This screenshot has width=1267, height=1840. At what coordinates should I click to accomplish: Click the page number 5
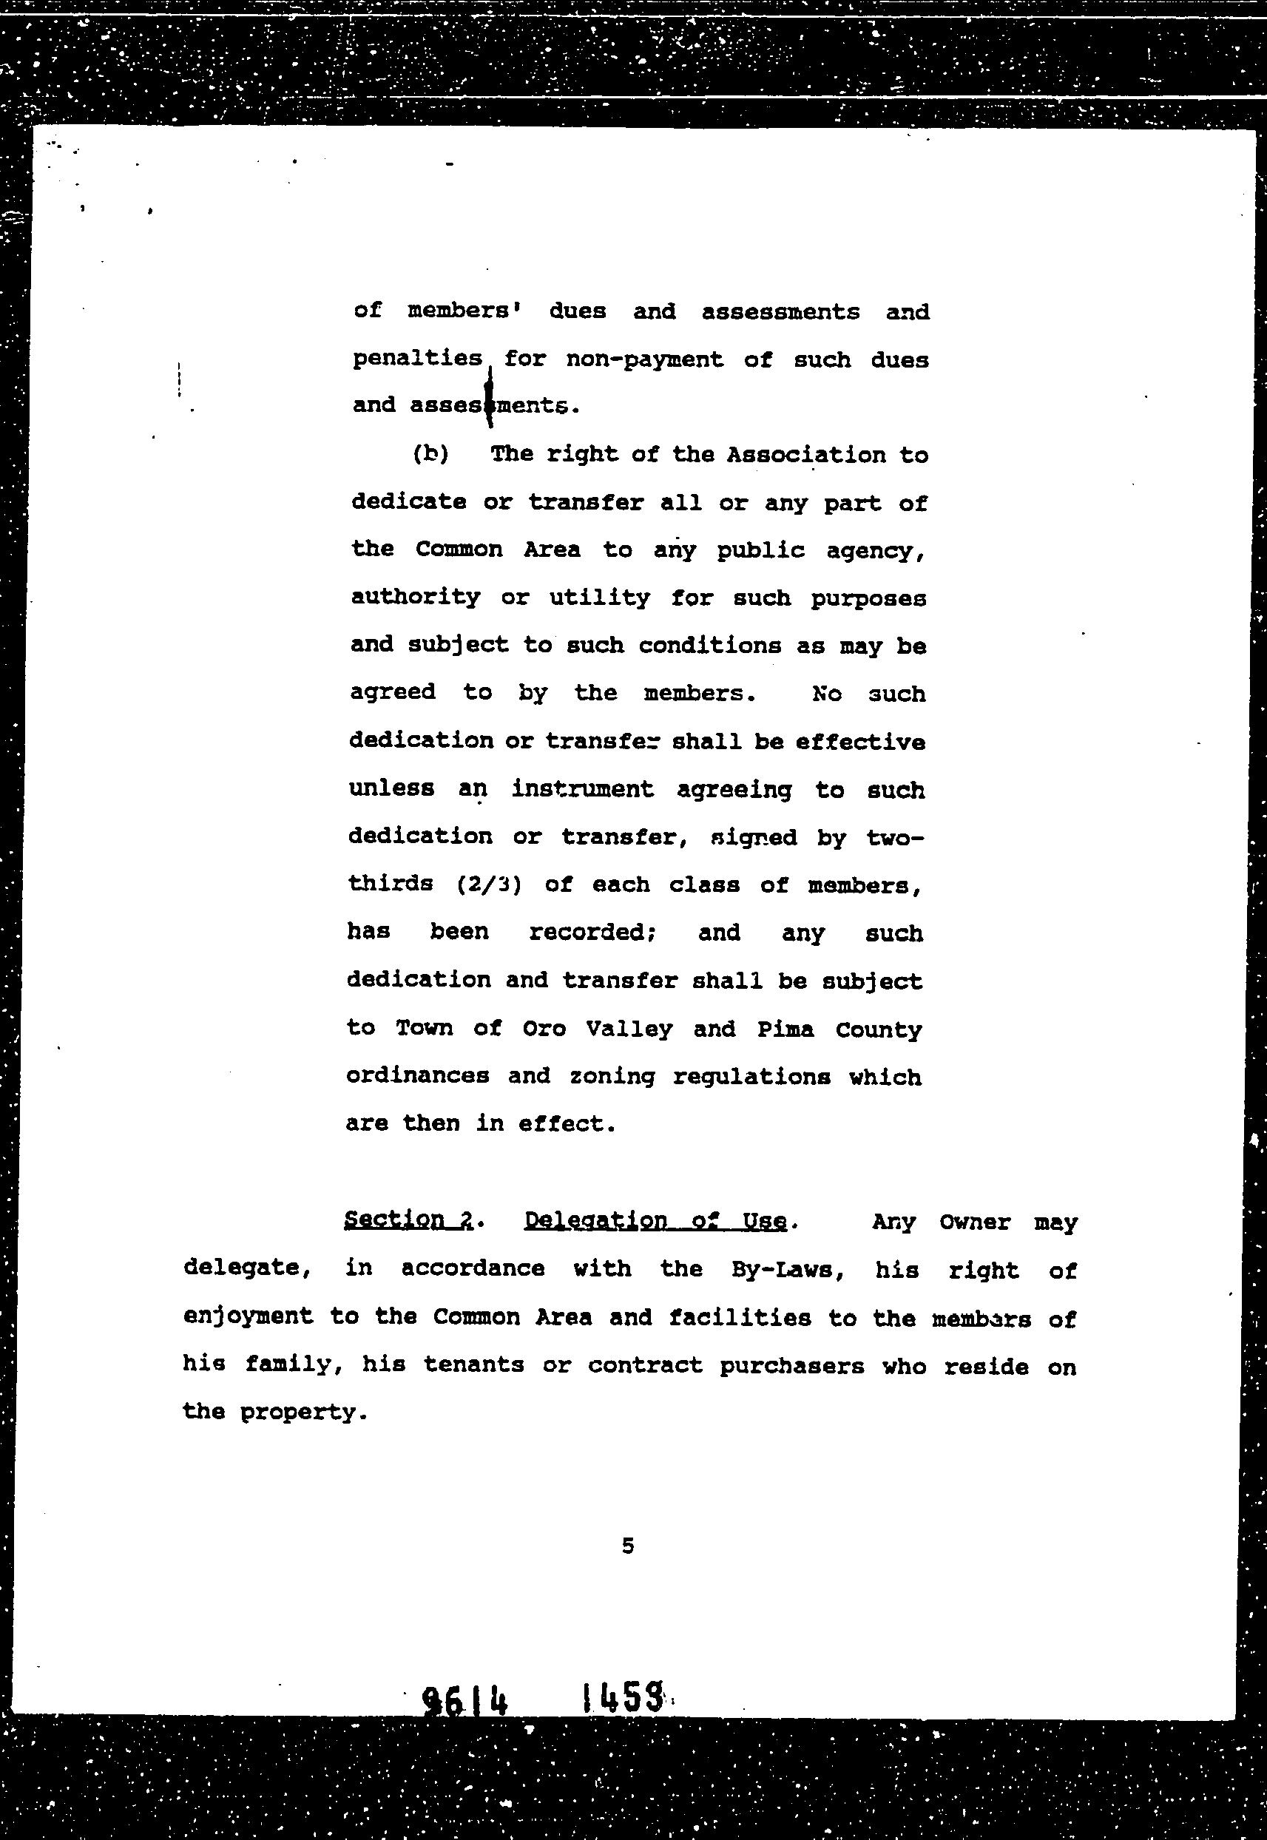pyautogui.click(x=627, y=1546)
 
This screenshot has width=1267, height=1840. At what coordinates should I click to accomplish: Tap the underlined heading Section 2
pyautogui.click(x=408, y=1220)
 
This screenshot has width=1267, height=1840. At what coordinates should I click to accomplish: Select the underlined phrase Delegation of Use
pyautogui.click(x=656, y=1221)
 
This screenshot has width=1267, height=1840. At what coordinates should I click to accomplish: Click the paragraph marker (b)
pyautogui.click(x=430, y=454)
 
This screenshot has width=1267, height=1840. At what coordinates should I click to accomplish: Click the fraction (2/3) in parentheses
pyautogui.click(x=489, y=885)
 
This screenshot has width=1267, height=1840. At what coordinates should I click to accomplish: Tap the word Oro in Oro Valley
pyautogui.click(x=544, y=1029)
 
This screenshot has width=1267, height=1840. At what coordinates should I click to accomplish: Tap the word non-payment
pyautogui.click(x=643, y=360)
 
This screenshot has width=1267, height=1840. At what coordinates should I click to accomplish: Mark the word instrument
pyautogui.click(x=583, y=789)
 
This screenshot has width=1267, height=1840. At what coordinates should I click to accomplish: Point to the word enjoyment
pyautogui.click(x=248, y=1318)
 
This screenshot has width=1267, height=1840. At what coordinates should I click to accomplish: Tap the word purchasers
pyautogui.click(x=791, y=1366)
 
